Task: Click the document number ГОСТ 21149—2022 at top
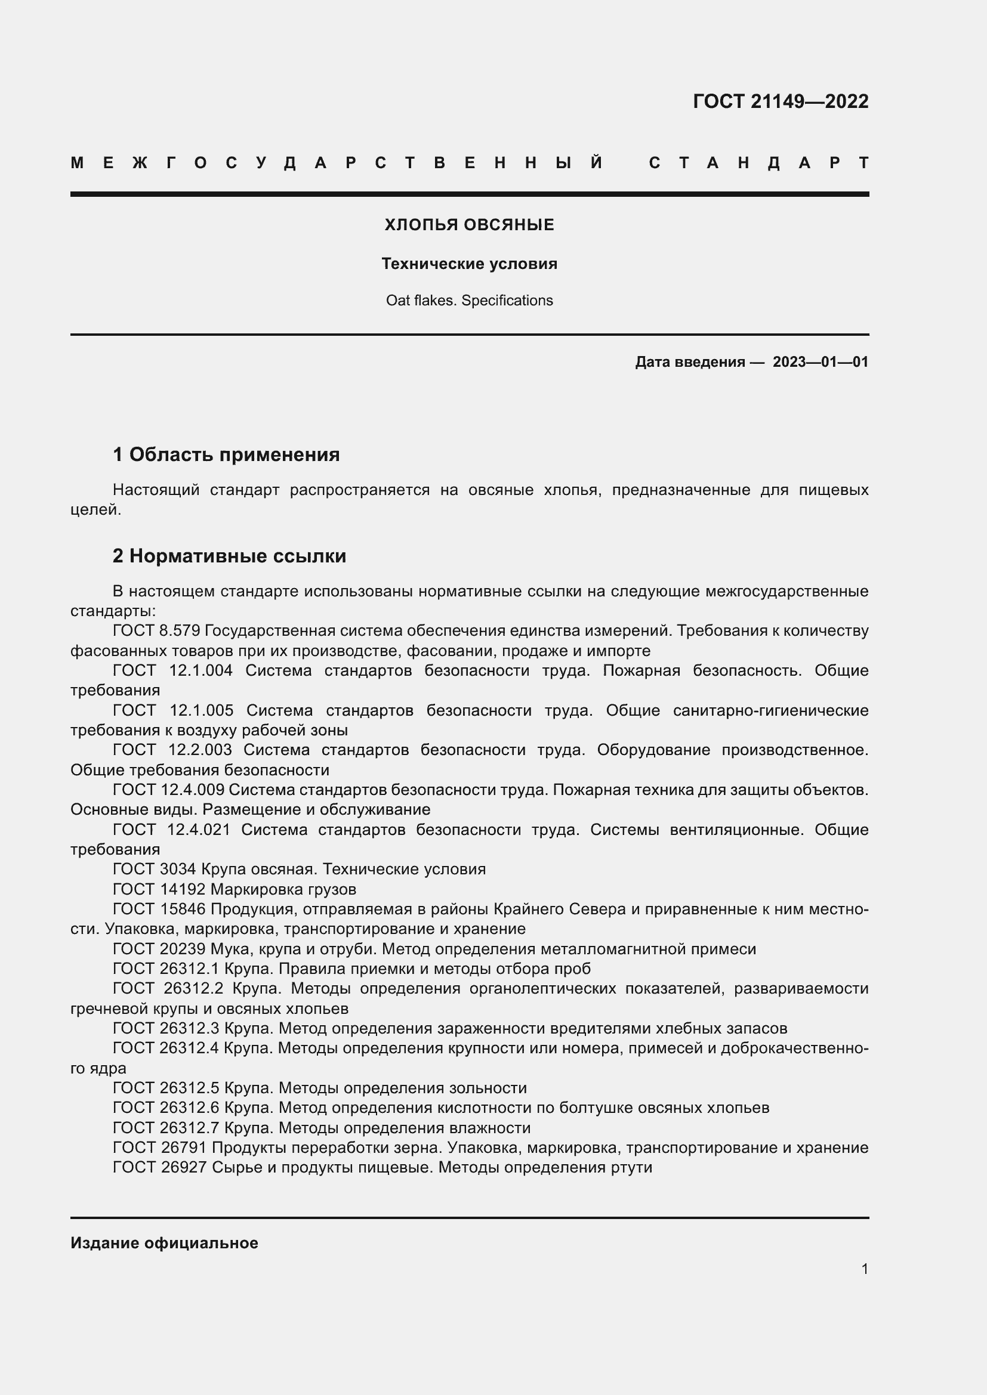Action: [x=781, y=101]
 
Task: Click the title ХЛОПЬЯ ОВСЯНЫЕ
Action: [x=469, y=225]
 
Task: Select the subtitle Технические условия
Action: [x=469, y=264]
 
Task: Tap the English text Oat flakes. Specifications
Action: [x=469, y=300]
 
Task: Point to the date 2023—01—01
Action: [x=820, y=362]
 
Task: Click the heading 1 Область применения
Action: [x=226, y=454]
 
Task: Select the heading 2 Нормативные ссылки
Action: [x=229, y=556]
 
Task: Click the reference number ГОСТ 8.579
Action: [x=156, y=630]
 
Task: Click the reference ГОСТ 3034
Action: [x=155, y=869]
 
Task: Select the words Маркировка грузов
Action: [x=283, y=889]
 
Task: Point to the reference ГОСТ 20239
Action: [x=159, y=949]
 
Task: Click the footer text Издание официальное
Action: [x=164, y=1243]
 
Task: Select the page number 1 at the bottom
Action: [x=864, y=1269]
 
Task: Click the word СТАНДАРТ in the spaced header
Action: [x=758, y=163]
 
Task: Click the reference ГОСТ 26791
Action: [x=159, y=1147]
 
